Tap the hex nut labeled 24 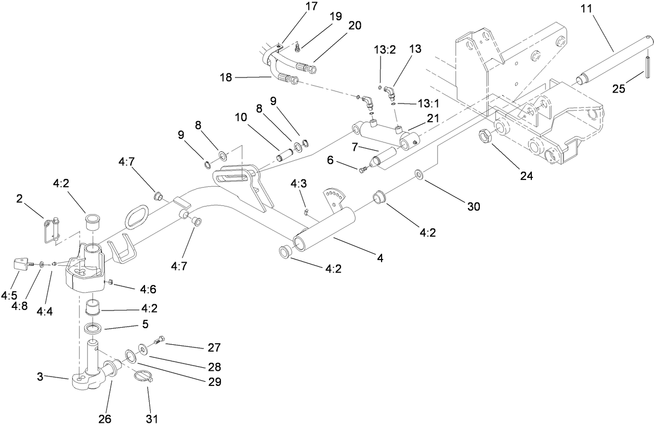click(x=486, y=137)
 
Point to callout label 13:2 click(x=385, y=49)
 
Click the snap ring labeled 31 click(x=143, y=377)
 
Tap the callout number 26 click(x=105, y=418)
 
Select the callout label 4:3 click(x=298, y=184)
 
